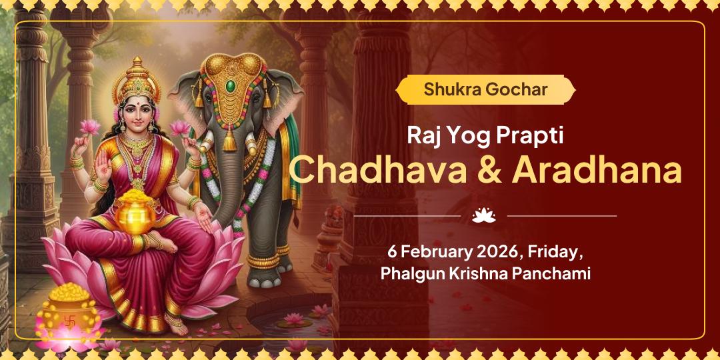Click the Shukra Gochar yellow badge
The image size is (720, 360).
click(x=485, y=89)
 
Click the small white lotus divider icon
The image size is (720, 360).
click(x=485, y=215)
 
